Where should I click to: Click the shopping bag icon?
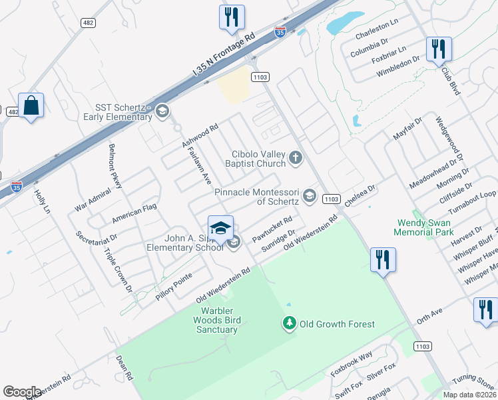[x=31, y=106]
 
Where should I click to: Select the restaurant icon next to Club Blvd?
[x=439, y=49]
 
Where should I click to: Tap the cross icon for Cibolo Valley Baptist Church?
[x=296, y=158]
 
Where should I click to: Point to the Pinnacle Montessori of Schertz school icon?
[x=309, y=196]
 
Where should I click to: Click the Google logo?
[x=22, y=392]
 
